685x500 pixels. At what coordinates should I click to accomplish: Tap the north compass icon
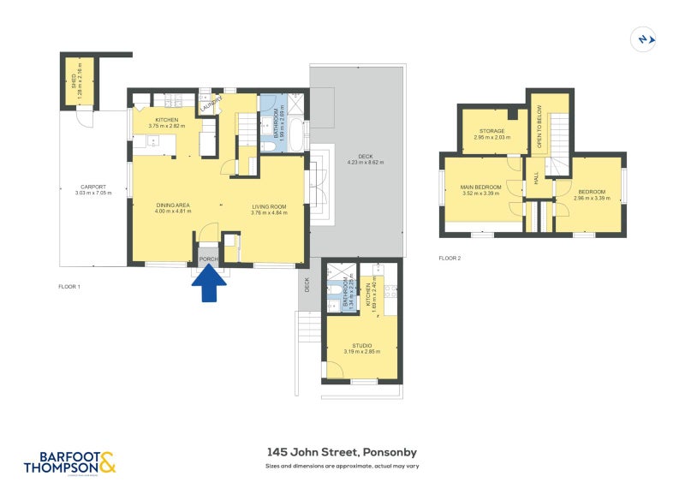point(643,39)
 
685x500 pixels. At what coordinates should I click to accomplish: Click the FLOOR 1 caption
point(68,286)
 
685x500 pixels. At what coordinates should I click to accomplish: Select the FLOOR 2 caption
point(450,258)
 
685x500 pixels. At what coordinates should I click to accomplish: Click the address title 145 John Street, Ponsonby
point(342,452)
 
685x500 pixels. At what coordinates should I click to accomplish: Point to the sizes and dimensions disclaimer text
point(342,467)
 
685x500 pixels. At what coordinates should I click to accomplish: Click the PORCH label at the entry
point(207,258)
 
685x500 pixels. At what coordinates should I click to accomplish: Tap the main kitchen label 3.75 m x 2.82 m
point(166,122)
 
